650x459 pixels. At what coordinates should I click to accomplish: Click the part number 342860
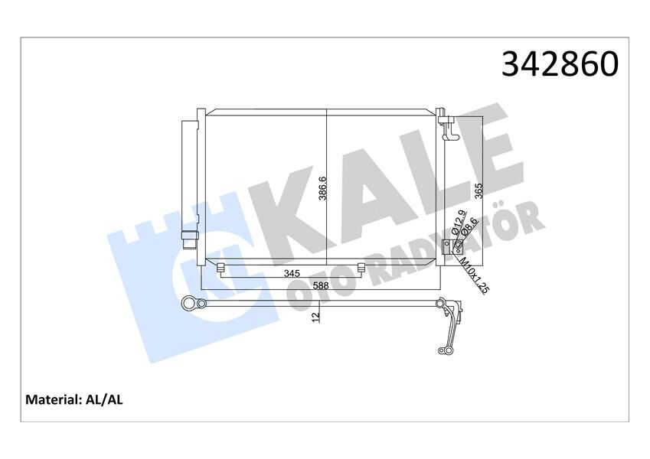(559, 64)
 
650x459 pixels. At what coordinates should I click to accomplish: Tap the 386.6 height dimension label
(323, 187)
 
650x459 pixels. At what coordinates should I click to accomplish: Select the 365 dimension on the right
(479, 190)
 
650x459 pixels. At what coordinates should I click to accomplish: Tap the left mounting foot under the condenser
(220, 267)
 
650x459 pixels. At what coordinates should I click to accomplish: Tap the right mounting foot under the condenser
(361, 267)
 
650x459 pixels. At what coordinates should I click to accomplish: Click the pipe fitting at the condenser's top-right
(449, 126)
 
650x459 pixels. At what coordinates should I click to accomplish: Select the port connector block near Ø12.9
(458, 247)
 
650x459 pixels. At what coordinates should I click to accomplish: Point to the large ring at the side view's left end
(188, 304)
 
